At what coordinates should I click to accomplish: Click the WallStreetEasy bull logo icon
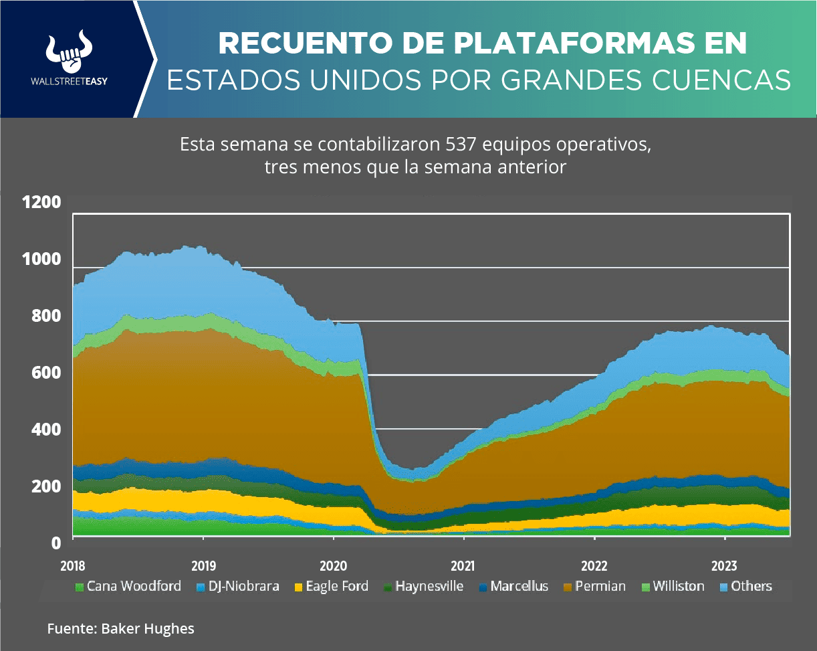tap(69, 51)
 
